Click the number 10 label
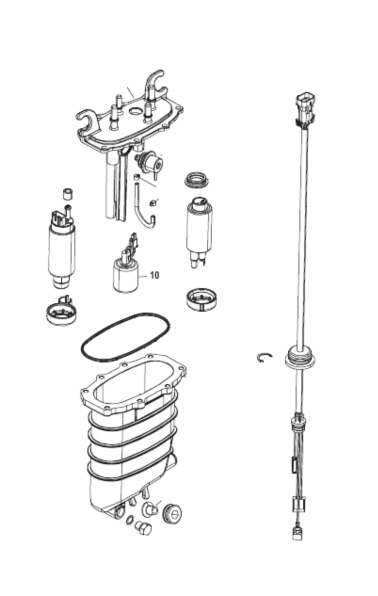155,275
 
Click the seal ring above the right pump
197,180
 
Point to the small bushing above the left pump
68,194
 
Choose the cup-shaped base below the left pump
62,311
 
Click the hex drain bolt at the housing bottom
143,529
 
